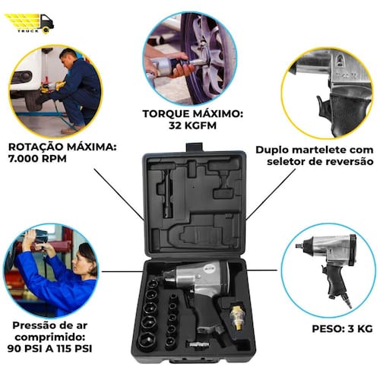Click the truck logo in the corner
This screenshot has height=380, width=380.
[x=29, y=24]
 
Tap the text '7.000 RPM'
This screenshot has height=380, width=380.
[x=37, y=159]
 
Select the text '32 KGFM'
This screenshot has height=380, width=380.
[x=192, y=125]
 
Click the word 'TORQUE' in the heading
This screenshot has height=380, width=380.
[x=166, y=114]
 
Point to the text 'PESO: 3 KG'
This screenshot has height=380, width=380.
[x=342, y=328]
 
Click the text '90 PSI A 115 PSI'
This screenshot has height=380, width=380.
[x=49, y=348]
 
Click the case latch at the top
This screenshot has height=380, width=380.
[x=194, y=147]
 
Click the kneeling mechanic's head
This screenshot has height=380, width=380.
[x=68, y=56]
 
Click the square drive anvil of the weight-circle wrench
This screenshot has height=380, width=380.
[x=299, y=245]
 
